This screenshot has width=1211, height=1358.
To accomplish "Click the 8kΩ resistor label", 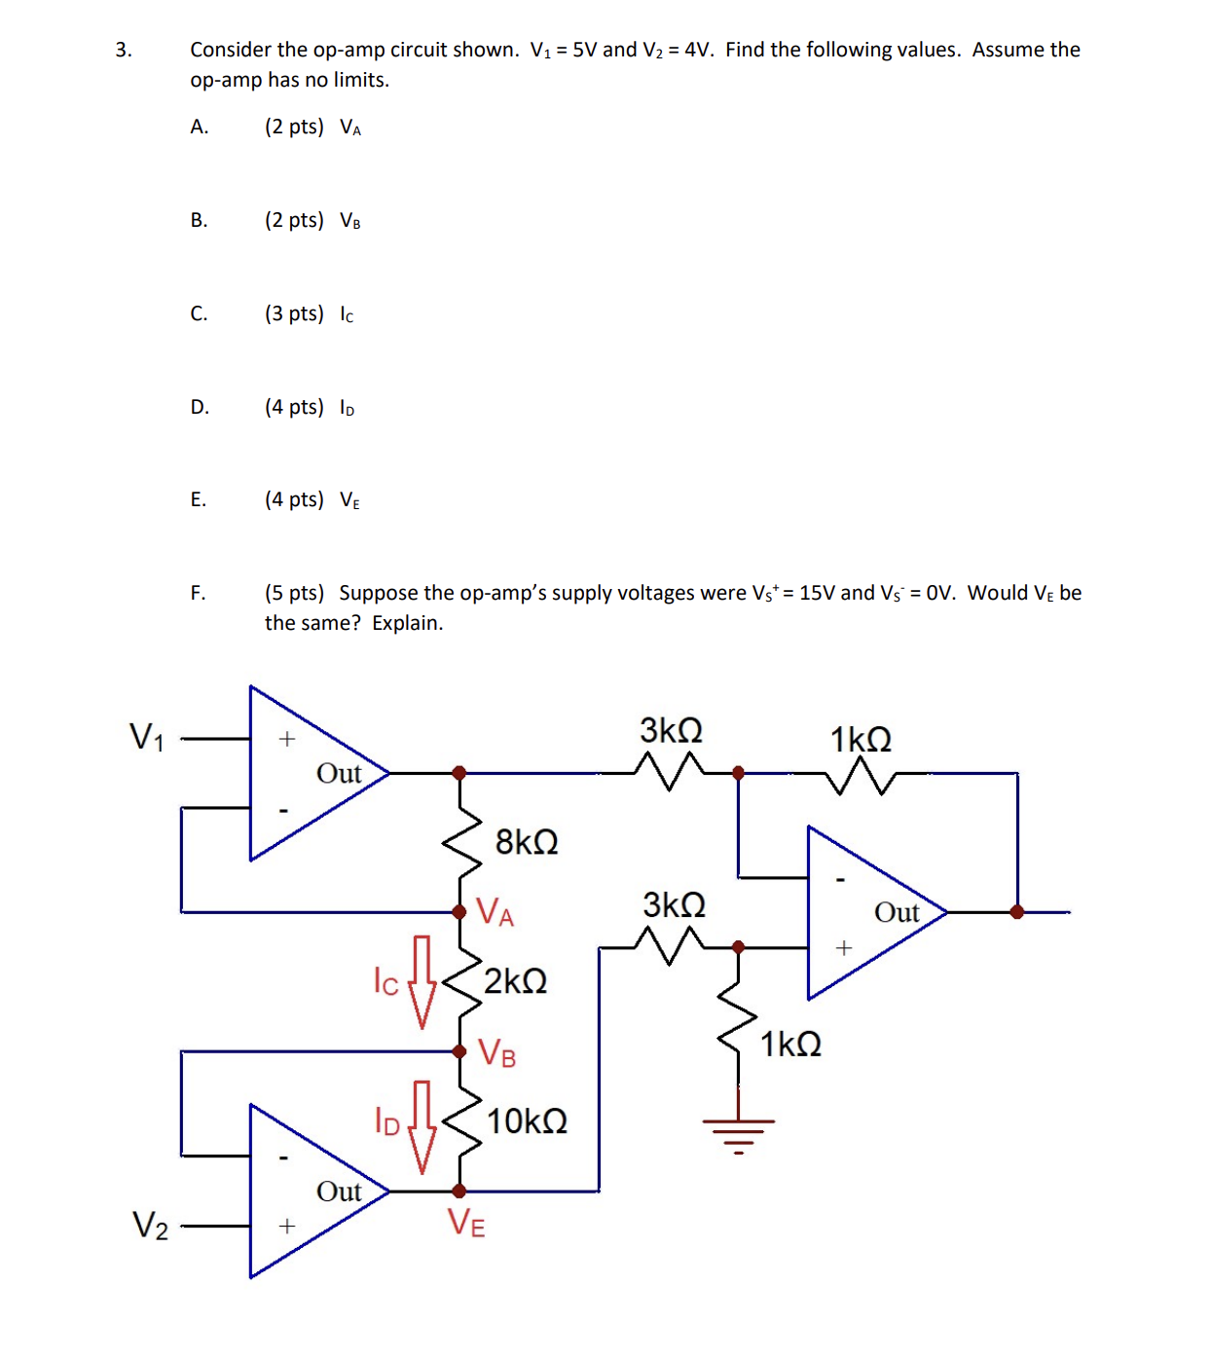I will point(527,842).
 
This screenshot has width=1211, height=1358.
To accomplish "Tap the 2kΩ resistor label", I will point(515,981).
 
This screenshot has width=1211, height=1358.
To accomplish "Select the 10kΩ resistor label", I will point(527,1122).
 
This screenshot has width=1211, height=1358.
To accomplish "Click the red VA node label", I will point(495,913).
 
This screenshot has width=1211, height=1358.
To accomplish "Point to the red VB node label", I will point(497,1053).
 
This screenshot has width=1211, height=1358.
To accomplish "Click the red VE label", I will point(466,1223).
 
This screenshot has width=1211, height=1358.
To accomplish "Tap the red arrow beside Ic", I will point(422,982).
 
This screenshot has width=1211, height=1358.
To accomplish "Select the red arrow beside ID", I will point(422,1126).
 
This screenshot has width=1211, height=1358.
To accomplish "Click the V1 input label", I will point(147,737).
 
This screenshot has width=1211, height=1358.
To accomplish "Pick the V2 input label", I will point(150,1226).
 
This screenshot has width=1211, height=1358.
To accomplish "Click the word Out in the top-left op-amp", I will point(339,774).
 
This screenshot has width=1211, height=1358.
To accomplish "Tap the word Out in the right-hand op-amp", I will point(897,913).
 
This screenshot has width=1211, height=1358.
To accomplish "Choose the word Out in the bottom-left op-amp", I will point(339,1193).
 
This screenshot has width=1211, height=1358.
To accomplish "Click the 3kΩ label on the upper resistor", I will point(671,731).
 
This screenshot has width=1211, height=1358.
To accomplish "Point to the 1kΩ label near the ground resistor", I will point(790,1045).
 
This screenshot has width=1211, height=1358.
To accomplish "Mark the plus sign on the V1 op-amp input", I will point(286,739).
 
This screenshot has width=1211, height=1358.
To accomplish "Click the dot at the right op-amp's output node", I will point(1017,912).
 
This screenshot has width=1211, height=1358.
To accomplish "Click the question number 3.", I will point(123,51).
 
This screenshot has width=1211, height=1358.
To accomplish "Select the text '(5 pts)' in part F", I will point(294,593).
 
